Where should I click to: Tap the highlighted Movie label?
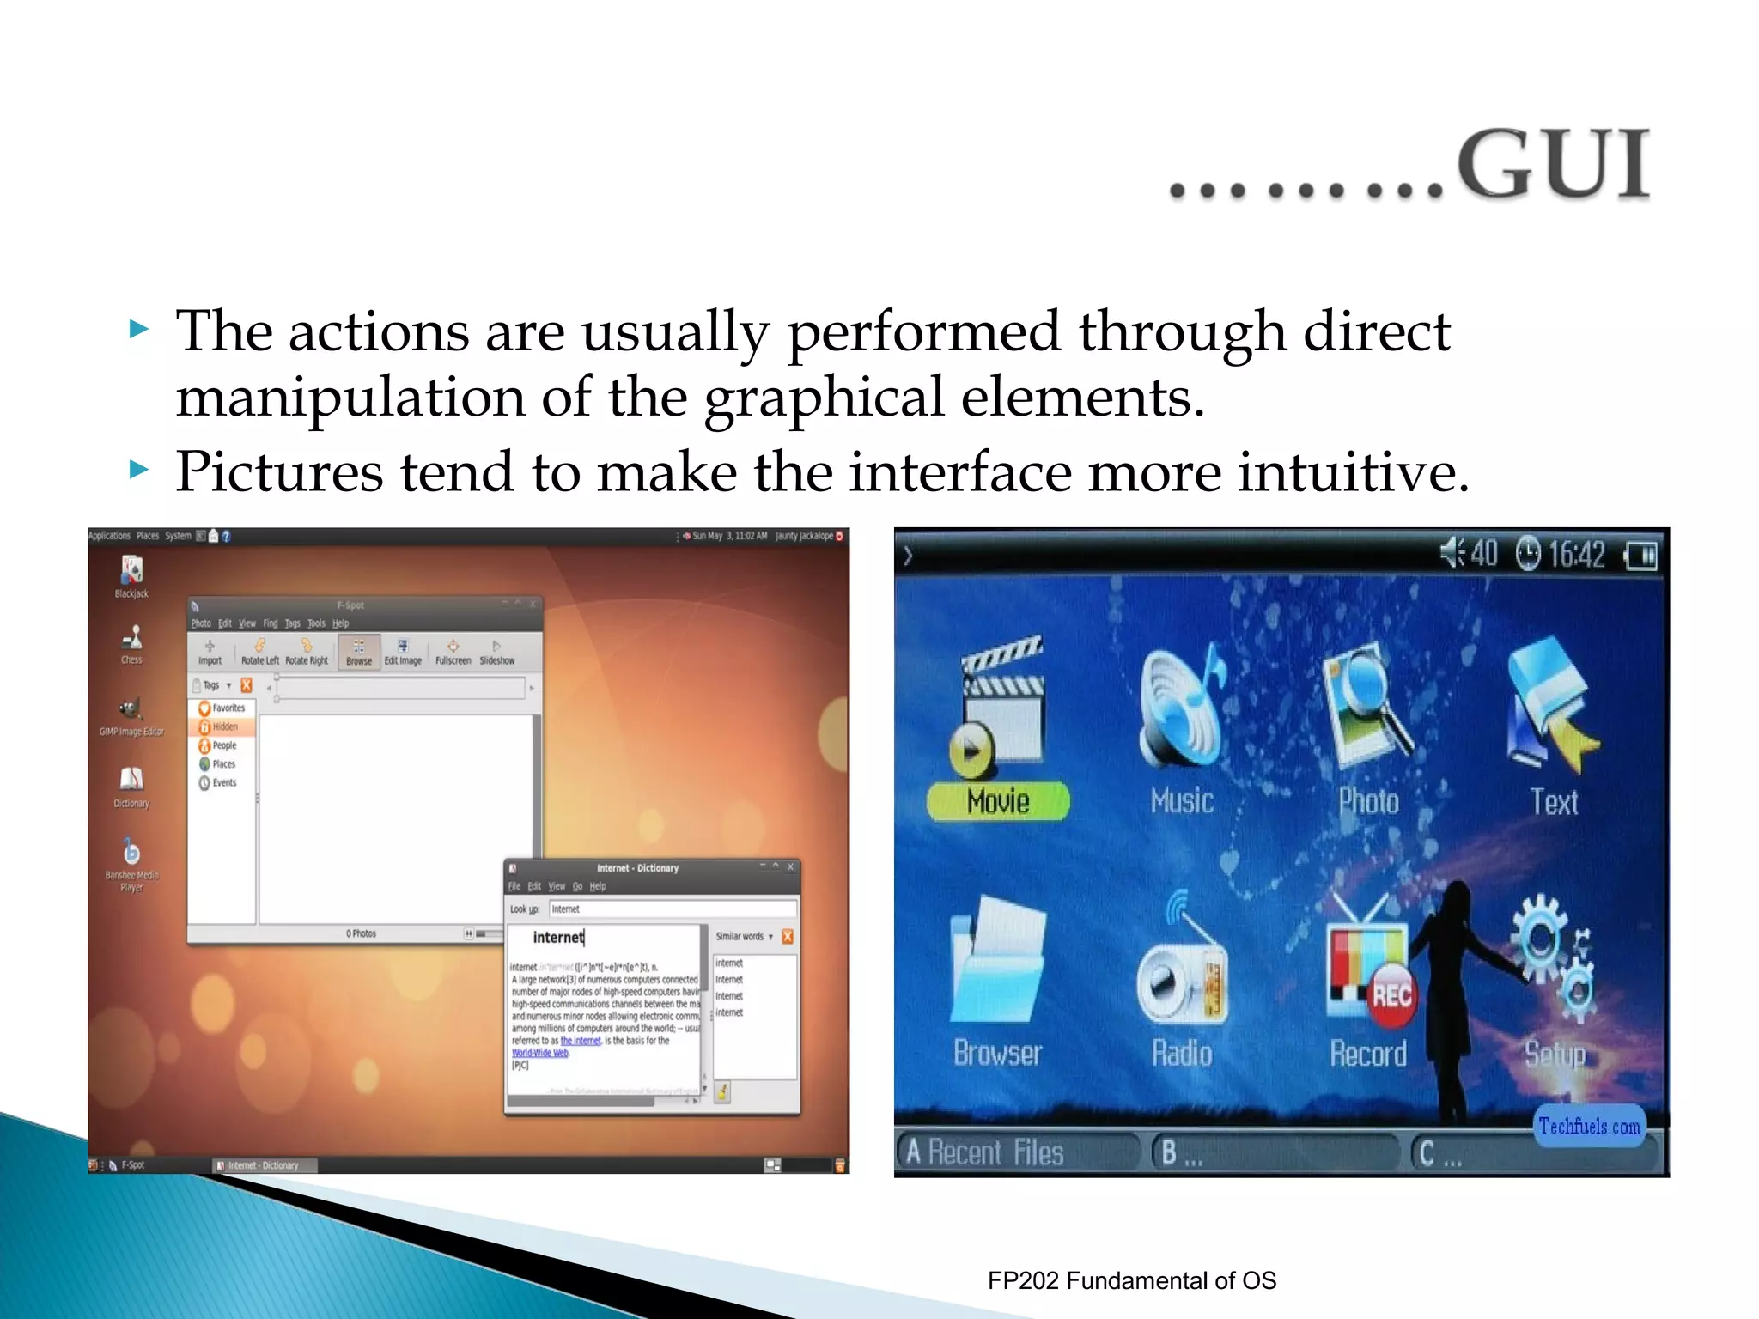[x=998, y=801]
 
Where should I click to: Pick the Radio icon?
[x=1182, y=966]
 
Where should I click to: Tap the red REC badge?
[x=1391, y=995]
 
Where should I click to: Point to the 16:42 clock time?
[x=1576, y=555]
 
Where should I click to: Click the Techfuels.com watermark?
[x=1589, y=1127]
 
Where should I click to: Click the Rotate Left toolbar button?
[x=259, y=652]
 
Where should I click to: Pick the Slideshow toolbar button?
[x=496, y=652]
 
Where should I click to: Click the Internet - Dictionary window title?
[x=637, y=868]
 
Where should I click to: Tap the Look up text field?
[x=672, y=909]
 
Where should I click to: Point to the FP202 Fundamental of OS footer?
[x=1131, y=1280]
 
